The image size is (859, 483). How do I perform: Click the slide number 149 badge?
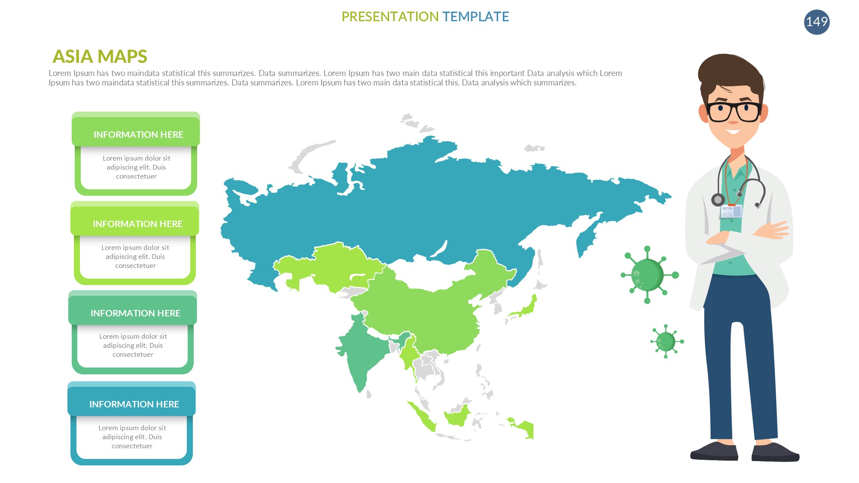816,22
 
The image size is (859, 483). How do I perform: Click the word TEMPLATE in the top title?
475,16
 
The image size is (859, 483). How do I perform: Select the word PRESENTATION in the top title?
390,16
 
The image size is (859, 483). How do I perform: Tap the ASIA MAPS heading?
100,56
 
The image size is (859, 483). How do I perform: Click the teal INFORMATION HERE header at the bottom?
134,404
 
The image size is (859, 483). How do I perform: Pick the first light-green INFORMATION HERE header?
138,134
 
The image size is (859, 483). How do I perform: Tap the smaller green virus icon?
667,341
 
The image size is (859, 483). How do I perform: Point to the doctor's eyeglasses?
734,111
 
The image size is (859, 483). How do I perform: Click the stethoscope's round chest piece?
718,200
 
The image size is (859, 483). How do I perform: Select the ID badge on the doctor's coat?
731,211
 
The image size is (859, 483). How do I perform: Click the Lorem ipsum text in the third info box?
133,346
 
